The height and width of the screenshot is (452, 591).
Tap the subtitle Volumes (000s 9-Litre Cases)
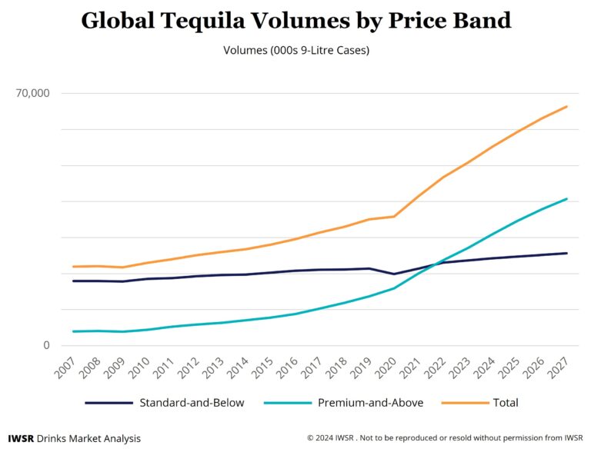[295, 51]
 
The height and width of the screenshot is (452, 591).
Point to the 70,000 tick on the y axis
[33, 94]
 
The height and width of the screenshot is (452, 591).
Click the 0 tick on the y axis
[45, 345]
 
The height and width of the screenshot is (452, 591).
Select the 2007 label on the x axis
[65, 367]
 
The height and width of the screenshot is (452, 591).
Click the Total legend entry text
[505, 403]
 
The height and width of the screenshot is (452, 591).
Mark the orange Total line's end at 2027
[567, 106]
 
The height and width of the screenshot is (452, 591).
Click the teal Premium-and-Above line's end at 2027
[567, 198]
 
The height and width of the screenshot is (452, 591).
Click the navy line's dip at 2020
[395, 274]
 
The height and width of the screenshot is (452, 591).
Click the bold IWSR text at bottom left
[21, 438]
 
